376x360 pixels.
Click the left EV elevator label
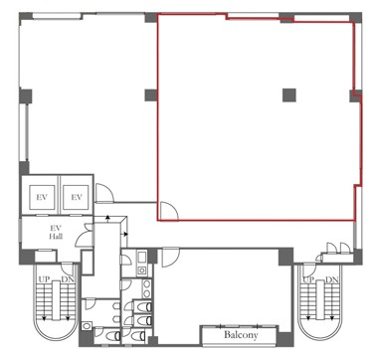(x=42, y=197)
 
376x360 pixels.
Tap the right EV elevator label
(x=77, y=197)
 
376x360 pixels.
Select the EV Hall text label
(x=56, y=232)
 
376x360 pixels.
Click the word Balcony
(x=241, y=334)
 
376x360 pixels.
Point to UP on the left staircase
(x=44, y=279)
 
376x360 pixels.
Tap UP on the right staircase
(x=308, y=279)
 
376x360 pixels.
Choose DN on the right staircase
(x=332, y=279)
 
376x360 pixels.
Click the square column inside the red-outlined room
(x=289, y=95)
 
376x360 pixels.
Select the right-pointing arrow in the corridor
(x=125, y=234)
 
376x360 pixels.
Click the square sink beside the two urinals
(x=87, y=326)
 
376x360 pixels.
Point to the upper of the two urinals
(x=116, y=306)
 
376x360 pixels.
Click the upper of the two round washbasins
(x=146, y=283)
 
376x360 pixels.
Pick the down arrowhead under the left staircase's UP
(x=44, y=318)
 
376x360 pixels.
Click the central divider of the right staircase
(x=320, y=300)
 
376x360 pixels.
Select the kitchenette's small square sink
(x=142, y=270)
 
